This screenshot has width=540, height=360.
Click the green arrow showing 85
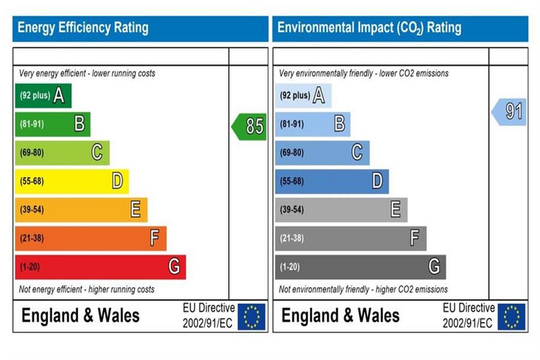pos(249,127)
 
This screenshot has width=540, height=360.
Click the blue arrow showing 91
pos(509,112)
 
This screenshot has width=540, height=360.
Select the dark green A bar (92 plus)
pos(43,95)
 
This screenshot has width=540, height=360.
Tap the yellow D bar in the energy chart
pos(72,181)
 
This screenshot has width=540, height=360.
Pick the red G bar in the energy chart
pos(101,267)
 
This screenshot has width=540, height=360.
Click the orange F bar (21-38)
pos(91,238)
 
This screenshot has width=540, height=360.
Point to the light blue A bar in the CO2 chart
pos(303,95)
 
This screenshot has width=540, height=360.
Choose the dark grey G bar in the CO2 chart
pos(361,267)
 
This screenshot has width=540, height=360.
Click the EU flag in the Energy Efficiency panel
pos(252,317)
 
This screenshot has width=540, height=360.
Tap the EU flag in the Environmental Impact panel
pos(512,317)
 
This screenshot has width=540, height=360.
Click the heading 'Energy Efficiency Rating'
pos(83,28)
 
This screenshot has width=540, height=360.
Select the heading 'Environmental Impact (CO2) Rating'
pos(369,28)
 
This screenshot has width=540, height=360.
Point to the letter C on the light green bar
pos(97,152)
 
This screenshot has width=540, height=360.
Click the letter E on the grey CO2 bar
pos(396,209)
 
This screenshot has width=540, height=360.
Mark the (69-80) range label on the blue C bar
pos(292,152)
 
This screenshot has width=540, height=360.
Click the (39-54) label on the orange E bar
pos(32,210)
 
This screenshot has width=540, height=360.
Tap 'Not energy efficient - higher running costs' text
pos(87,289)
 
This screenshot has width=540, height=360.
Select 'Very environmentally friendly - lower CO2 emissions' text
pos(364,73)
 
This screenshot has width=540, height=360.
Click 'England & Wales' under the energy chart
pos(81,316)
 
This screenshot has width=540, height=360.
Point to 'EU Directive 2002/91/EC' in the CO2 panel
pos(469,316)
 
